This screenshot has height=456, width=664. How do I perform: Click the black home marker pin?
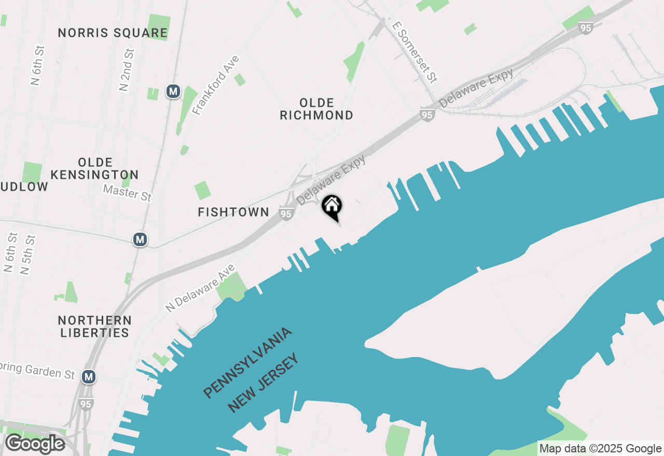tap(332, 207)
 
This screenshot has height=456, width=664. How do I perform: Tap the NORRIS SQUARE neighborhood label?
tap(113, 33)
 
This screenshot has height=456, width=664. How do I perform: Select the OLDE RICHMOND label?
tap(316, 109)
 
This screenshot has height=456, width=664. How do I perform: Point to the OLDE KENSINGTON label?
tap(95, 168)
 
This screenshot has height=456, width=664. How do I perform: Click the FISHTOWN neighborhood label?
tap(233, 212)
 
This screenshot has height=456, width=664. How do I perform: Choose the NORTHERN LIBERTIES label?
tap(94, 326)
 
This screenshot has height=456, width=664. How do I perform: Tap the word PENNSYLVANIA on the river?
tap(247, 363)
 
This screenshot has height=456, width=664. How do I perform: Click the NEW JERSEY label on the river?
tap(264, 382)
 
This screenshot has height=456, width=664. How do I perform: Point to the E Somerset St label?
tap(415, 52)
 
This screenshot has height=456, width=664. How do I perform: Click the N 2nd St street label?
tap(127, 69)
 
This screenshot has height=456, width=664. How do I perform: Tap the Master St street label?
tap(127, 193)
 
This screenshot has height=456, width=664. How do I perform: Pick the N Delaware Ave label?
tap(200, 289)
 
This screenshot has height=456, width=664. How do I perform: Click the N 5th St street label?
tap(28, 254)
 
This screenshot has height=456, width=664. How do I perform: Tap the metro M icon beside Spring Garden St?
tap(89, 376)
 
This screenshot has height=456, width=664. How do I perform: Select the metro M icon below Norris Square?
tap(173, 92)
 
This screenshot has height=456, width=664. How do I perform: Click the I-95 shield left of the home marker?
tap(286, 214)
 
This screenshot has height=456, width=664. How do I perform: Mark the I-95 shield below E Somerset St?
tap(427, 115)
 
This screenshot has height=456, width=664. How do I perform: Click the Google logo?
tap(34, 444)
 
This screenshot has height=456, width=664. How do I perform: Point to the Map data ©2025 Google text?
tap(600, 449)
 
